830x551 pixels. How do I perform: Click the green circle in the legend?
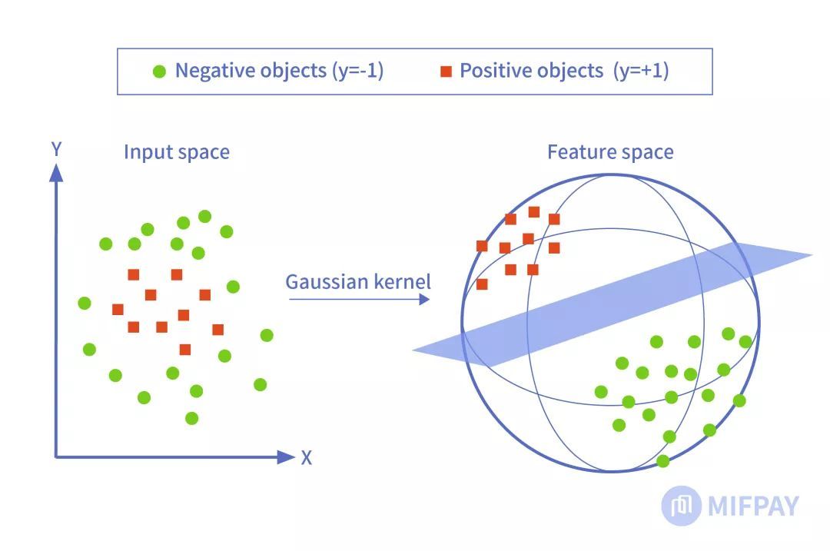[x=159, y=71]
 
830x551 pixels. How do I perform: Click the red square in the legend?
[x=446, y=71]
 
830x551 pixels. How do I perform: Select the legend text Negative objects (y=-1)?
[x=279, y=71]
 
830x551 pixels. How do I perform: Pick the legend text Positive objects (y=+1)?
[x=564, y=71]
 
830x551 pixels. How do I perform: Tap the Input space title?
[x=177, y=152]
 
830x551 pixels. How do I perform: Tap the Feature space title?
[x=610, y=152]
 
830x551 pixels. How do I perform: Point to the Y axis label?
[x=55, y=148]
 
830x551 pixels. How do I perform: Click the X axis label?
[x=307, y=458]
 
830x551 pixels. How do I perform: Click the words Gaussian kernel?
[x=358, y=281]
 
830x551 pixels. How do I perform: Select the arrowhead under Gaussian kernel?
[x=424, y=299]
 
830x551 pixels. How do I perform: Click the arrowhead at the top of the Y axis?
[x=55, y=173]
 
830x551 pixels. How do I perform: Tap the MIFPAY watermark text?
[x=753, y=506]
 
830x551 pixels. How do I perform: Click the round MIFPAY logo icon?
[x=681, y=506]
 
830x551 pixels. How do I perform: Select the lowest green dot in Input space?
[x=192, y=418]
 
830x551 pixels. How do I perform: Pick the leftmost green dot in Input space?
[x=85, y=303]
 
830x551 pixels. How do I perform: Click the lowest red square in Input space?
[x=185, y=350]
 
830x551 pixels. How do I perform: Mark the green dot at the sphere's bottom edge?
[x=662, y=461]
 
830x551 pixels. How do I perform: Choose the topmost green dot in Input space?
[x=204, y=217]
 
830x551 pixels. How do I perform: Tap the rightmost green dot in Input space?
[x=267, y=335]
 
